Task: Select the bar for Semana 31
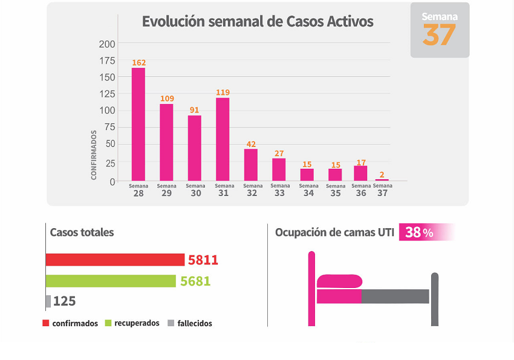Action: click(x=223, y=139)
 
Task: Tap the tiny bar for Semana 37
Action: click(x=382, y=180)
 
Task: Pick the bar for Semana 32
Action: click(x=250, y=165)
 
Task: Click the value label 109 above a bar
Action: click(x=166, y=99)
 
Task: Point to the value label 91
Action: click(x=194, y=110)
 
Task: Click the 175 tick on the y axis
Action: click(x=108, y=61)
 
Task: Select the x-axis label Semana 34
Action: click(x=308, y=190)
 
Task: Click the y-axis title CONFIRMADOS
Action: click(x=94, y=154)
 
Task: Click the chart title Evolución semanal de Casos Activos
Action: click(x=258, y=22)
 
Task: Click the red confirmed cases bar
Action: click(x=115, y=260)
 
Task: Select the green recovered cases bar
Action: click(x=111, y=281)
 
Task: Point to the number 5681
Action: click(x=195, y=281)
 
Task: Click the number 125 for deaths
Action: click(x=64, y=301)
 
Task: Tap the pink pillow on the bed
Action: click(x=339, y=281)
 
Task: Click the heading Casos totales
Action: click(x=82, y=232)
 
